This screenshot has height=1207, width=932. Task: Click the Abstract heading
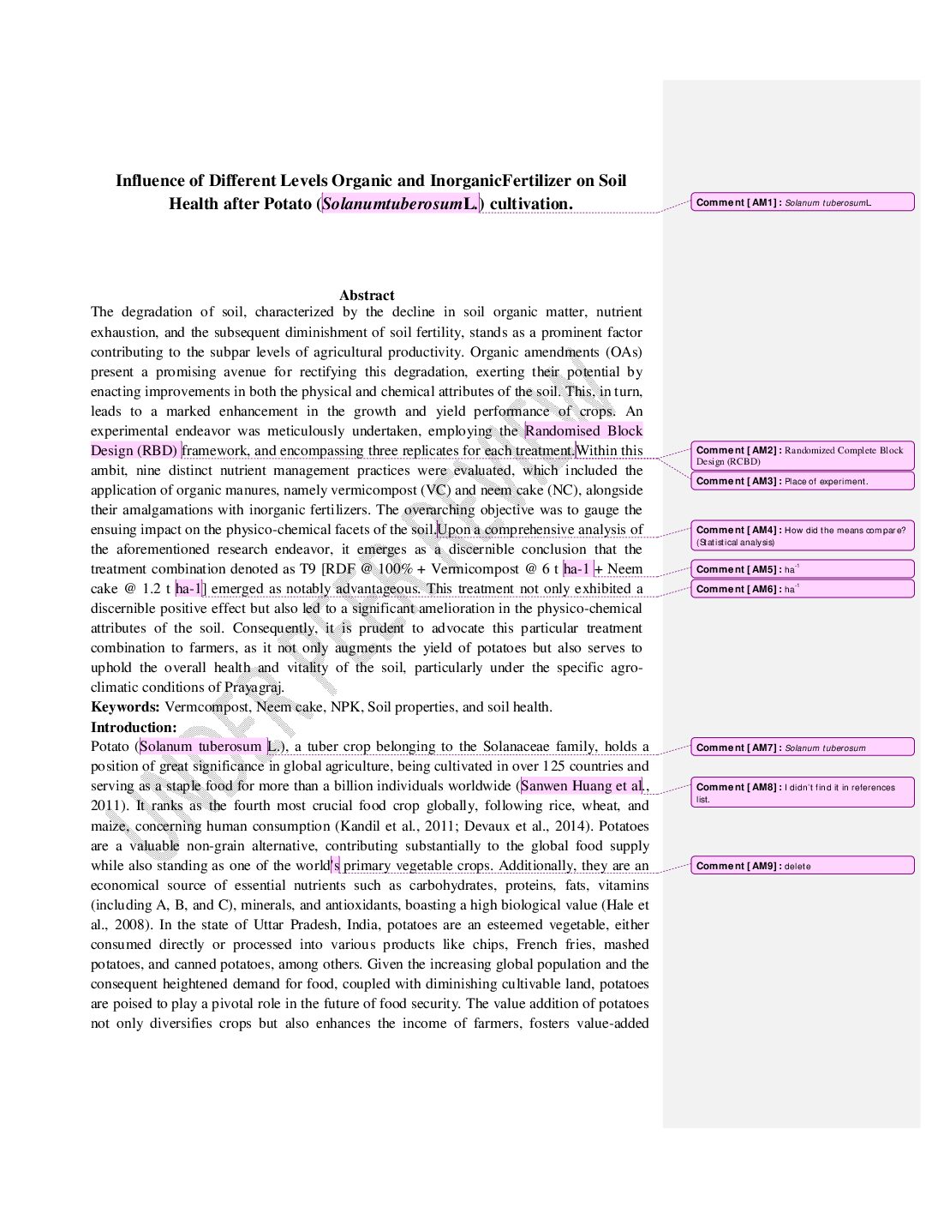coord(367,295)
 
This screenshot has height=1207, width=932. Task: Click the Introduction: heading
coord(134,727)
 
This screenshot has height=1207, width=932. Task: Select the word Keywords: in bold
coord(125,707)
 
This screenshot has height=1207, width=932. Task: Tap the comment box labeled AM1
coord(802,202)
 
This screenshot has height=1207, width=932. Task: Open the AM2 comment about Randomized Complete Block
coord(802,455)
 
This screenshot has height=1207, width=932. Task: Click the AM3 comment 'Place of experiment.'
coord(802,481)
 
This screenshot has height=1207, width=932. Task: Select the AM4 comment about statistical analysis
coord(802,536)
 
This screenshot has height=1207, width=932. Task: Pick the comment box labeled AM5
coord(802,569)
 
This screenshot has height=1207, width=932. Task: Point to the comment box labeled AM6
coord(802,589)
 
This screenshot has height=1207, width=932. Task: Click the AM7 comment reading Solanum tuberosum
coord(802,748)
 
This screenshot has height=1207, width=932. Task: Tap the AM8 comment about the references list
coord(802,793)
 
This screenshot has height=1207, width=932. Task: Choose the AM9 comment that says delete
coord(802,866)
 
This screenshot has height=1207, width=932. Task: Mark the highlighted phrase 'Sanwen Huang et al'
coord(581,786)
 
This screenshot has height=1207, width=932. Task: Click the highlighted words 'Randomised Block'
coord(583,431)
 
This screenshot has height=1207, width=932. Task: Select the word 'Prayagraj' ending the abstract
coord(253,688)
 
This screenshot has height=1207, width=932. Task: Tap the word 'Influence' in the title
coord(149,181)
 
